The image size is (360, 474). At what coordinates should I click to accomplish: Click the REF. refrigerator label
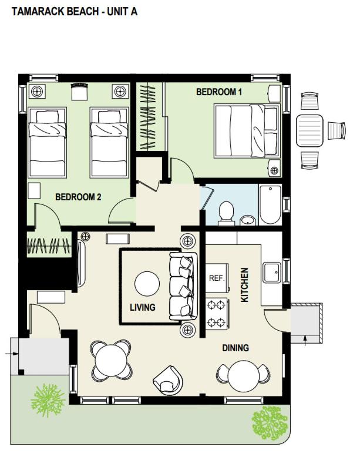point(217,278)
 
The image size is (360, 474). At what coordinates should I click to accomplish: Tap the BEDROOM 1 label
point(219,92)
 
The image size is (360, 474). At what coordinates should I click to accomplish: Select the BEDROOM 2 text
point(78,197)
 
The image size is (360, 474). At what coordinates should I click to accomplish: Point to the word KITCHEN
point(244,285)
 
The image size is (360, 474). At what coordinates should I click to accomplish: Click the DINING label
point(235,348)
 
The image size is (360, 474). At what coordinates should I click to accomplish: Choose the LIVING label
point(142,307)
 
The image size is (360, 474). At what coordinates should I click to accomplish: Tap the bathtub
point(270,204)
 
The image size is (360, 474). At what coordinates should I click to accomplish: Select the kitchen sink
point(272,273)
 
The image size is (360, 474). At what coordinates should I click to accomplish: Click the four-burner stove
point(217,314)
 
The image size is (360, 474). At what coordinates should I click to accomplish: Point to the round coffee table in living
point(147,284)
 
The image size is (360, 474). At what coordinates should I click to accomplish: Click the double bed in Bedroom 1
point(247,131)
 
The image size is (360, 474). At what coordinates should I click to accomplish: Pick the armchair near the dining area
point(168,380)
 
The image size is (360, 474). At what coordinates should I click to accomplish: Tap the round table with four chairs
point(112,360)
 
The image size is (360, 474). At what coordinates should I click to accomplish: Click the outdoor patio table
point(309,130)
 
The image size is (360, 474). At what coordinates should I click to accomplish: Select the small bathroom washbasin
point(248,220)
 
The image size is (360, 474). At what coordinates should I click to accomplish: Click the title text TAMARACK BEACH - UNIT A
point(75,12)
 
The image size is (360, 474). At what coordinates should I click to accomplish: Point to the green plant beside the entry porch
point(48,400)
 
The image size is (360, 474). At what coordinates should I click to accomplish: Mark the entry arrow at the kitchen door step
point(305,340)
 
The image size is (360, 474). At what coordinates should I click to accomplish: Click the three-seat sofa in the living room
point(183,286)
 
